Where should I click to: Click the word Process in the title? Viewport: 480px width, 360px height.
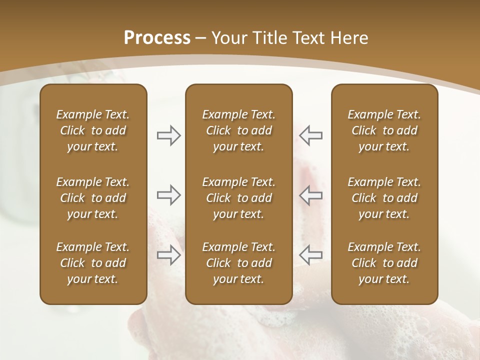[x=157, y=38]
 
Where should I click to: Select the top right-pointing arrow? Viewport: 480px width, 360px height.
[x=168, y=135]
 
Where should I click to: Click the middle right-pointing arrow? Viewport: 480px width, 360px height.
[x=168, y=195]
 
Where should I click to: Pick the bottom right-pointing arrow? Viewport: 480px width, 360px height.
[x=168, y=255]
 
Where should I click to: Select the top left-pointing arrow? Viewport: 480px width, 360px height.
[x=311, y=135]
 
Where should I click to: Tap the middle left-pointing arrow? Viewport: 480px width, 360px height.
[x=311, y=195]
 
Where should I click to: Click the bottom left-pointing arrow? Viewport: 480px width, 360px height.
[x=311, y=255]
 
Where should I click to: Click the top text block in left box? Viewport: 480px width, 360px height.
[x=93, y=130]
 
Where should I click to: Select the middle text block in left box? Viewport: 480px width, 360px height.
[x=93, y=198]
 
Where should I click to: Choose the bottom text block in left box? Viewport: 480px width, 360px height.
[x=93, y=263]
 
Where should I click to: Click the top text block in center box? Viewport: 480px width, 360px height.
[x=239, y=130]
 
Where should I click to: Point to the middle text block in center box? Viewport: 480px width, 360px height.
[x=239, y=198]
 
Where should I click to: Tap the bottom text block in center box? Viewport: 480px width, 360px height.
[x=239, y=263]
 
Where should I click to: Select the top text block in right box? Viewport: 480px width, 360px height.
[x=384, y=130]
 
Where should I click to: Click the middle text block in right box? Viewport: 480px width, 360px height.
[x=384, y=198]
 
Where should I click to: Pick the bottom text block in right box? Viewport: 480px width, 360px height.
[x=384, y=263]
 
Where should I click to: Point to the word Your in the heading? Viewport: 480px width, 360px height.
[x=228, y=38]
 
